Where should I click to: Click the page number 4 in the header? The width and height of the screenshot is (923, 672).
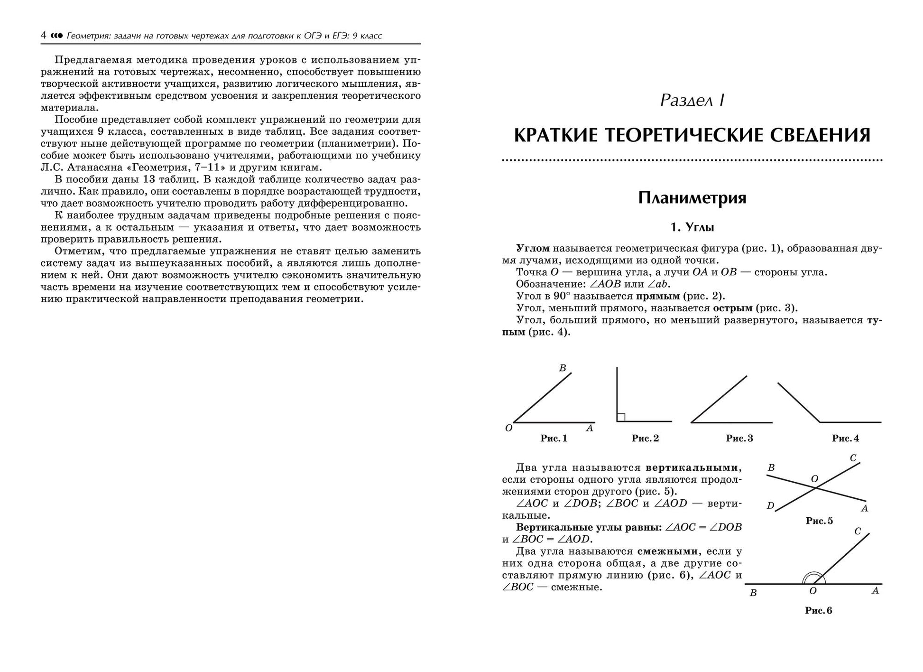click(x=43, y=36)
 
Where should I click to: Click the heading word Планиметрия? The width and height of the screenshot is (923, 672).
click(x=692, y=197)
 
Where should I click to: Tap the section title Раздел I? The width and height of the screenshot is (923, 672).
click(x=692, y=100)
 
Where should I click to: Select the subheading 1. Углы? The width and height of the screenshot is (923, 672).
click(x=692, y=227)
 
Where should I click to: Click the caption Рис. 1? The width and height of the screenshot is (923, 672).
click(x=554, y=439)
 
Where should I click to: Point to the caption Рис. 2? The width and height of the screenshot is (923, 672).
click(x=645, y=439)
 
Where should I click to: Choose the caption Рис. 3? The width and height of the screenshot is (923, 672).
click(x=739, y=439)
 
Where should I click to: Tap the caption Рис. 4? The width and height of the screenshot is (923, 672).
click(x=845, y=439)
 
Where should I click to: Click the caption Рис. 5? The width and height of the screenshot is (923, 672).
click(x=819, y=521)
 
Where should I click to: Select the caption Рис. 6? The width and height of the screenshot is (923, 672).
click(x=818, y=611)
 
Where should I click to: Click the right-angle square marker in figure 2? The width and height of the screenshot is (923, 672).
click(x=621, y=417)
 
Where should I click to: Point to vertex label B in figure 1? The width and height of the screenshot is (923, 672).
click(x=563, y=368)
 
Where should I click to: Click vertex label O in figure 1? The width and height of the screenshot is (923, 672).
click(x=508, y=429)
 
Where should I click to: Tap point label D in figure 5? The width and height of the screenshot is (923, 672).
click(x=770, y=506)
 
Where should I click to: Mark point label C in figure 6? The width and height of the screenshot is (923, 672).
click(x=857, y=532)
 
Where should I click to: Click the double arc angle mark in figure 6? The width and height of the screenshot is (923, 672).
click(x=812, y=578)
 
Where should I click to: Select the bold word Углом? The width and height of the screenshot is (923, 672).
click(x=533, y=248)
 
